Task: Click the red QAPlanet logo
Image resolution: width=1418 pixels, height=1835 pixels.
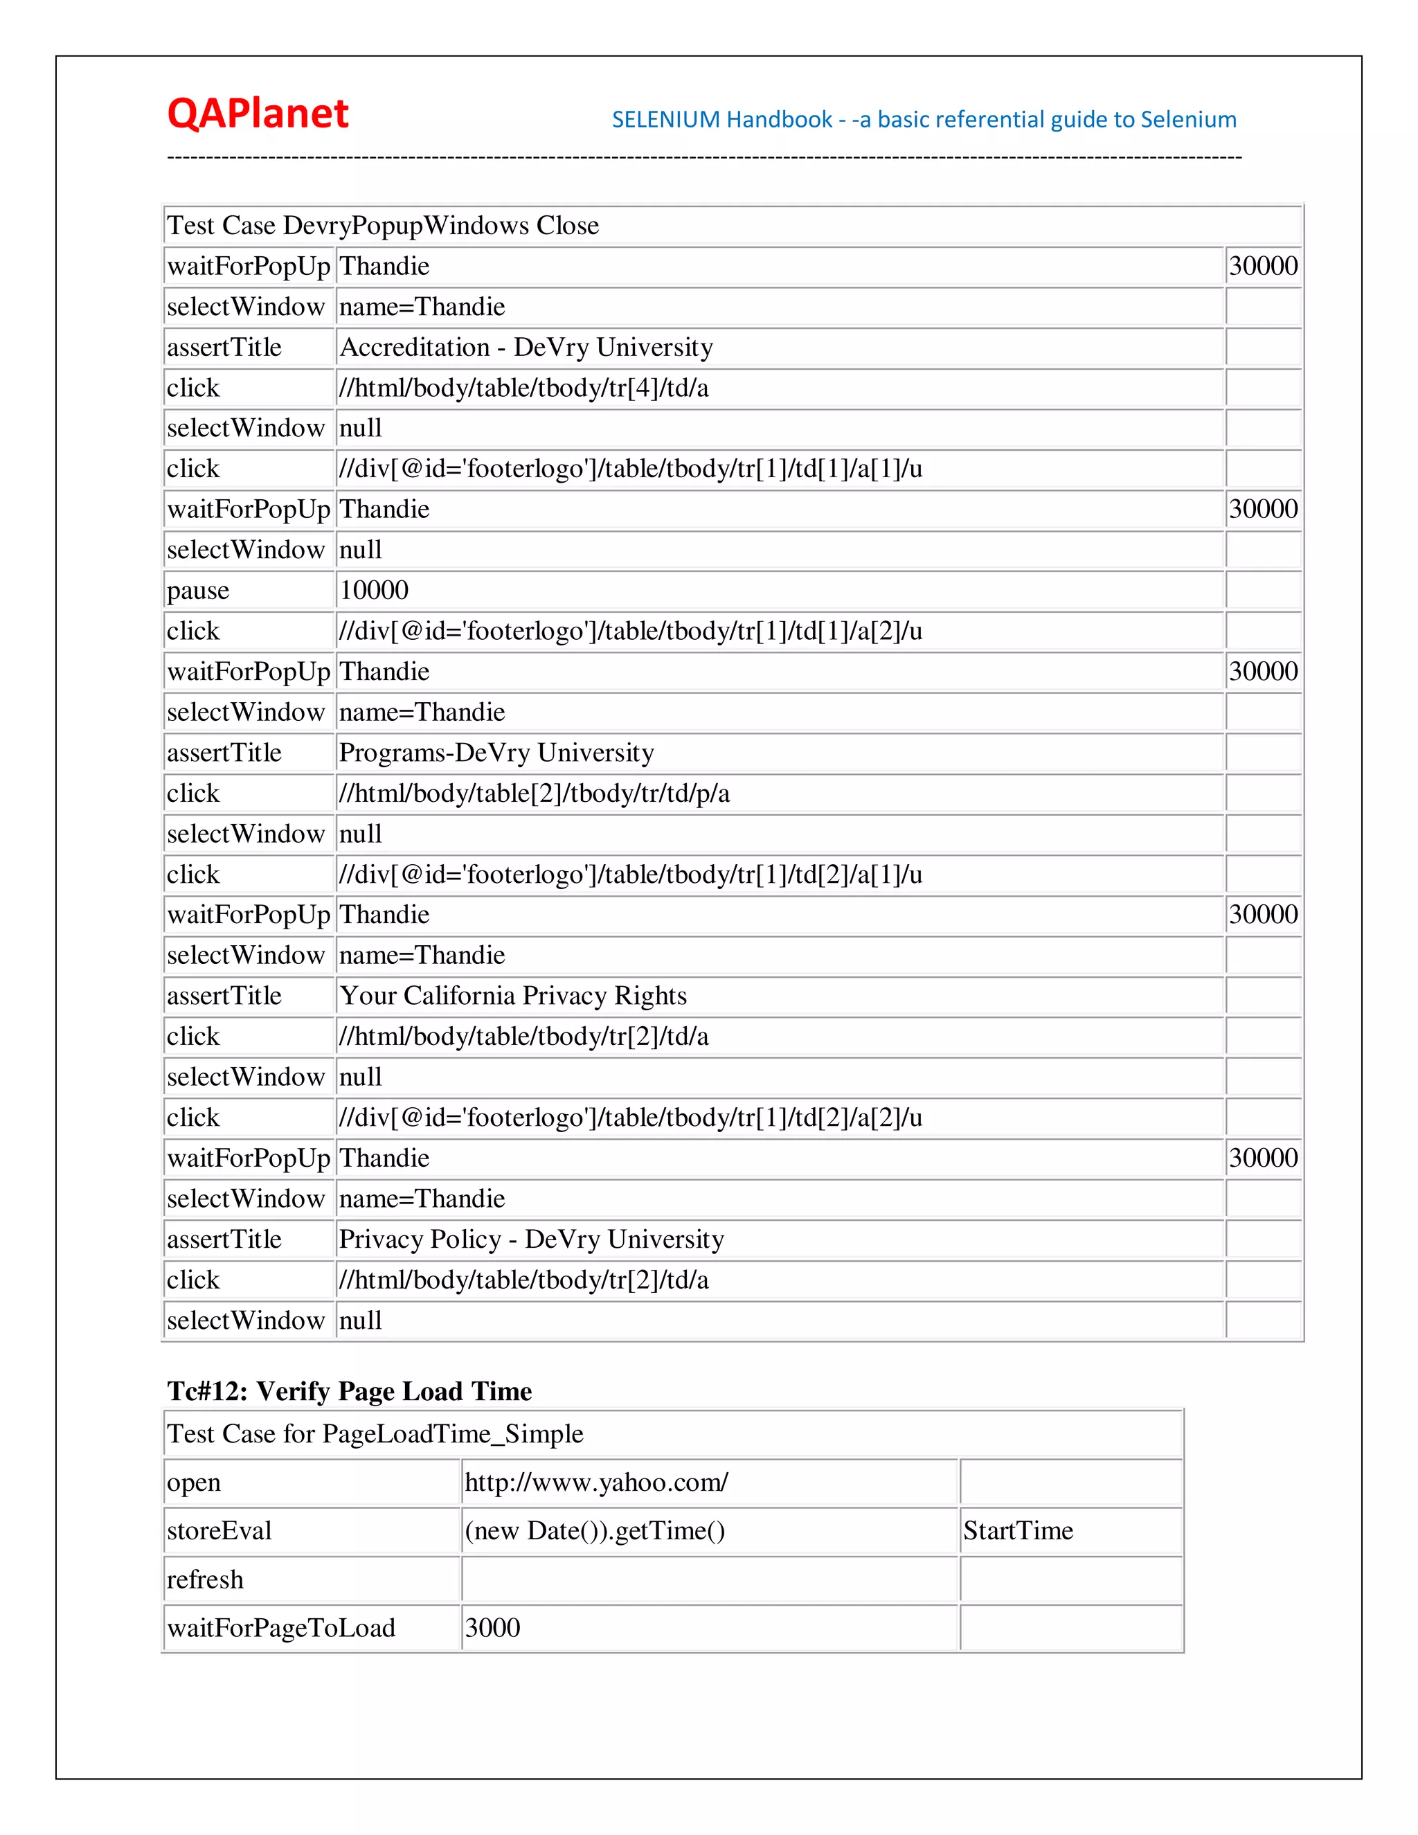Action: tap(257, 114)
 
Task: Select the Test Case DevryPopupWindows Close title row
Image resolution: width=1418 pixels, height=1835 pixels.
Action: tap(383, 225)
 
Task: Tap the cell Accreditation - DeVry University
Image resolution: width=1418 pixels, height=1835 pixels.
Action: tap(526, 347)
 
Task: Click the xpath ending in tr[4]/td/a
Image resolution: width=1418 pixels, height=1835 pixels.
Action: tap(523, 388)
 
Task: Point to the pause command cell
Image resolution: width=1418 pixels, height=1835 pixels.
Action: tap(198, 591)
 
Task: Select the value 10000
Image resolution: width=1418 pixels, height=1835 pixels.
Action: tap(374, 591)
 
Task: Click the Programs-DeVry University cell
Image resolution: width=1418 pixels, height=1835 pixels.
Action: tap(496, 753)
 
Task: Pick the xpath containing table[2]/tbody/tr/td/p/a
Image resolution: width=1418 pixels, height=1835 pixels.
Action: tap(535, 793)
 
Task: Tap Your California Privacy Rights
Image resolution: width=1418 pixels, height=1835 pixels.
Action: tap(512, 996)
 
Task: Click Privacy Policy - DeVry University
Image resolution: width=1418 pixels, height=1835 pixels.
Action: tap(531, 1239)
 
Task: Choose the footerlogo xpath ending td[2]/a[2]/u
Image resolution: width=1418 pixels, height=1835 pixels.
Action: tap(630, 1118)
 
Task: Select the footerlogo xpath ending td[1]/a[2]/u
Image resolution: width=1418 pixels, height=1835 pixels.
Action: tap(630, 631)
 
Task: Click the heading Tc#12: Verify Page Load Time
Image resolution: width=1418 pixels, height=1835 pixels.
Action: tap(350, 1391)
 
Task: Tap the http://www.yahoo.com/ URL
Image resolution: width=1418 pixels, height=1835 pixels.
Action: tap(596, 1482)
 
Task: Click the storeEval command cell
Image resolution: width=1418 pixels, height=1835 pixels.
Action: tap(219, 1531)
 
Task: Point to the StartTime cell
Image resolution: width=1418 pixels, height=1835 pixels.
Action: tap(1018, 1531)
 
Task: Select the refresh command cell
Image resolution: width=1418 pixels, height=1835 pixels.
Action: tap(205, 1579)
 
